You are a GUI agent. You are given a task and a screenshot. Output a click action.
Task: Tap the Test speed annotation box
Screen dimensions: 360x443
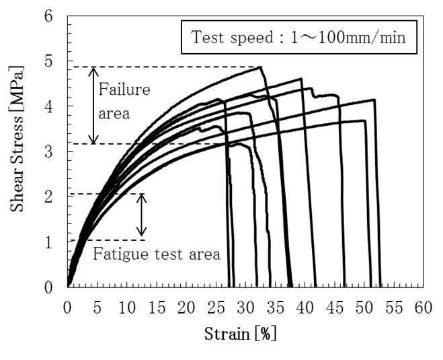pyautogui.click(x=299, y=38)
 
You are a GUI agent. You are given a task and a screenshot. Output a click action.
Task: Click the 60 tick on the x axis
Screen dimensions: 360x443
pyautogui.click(x=423, y=308)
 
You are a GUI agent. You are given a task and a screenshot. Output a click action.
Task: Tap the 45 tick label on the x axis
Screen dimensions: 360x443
pyautogui.click(x=334, y=308)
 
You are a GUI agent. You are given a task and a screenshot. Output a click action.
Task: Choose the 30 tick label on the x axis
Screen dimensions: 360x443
pyautogui.click(x=245, y=308)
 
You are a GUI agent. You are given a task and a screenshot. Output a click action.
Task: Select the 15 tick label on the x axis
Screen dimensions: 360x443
pyautogui.click(x=157, y=308)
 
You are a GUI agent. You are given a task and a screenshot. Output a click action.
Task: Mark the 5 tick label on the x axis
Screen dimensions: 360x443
pyautogui.click(x=97, y=308)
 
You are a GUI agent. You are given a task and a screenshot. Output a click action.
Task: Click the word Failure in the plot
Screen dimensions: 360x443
pyautogui.click(x=124, y=89)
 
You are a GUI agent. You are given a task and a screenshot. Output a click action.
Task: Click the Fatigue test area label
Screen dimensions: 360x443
pyautogui.click(x=156, y=254)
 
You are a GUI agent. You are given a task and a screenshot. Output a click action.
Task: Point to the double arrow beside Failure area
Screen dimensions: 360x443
pyautogui.click(x=94, y=105)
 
